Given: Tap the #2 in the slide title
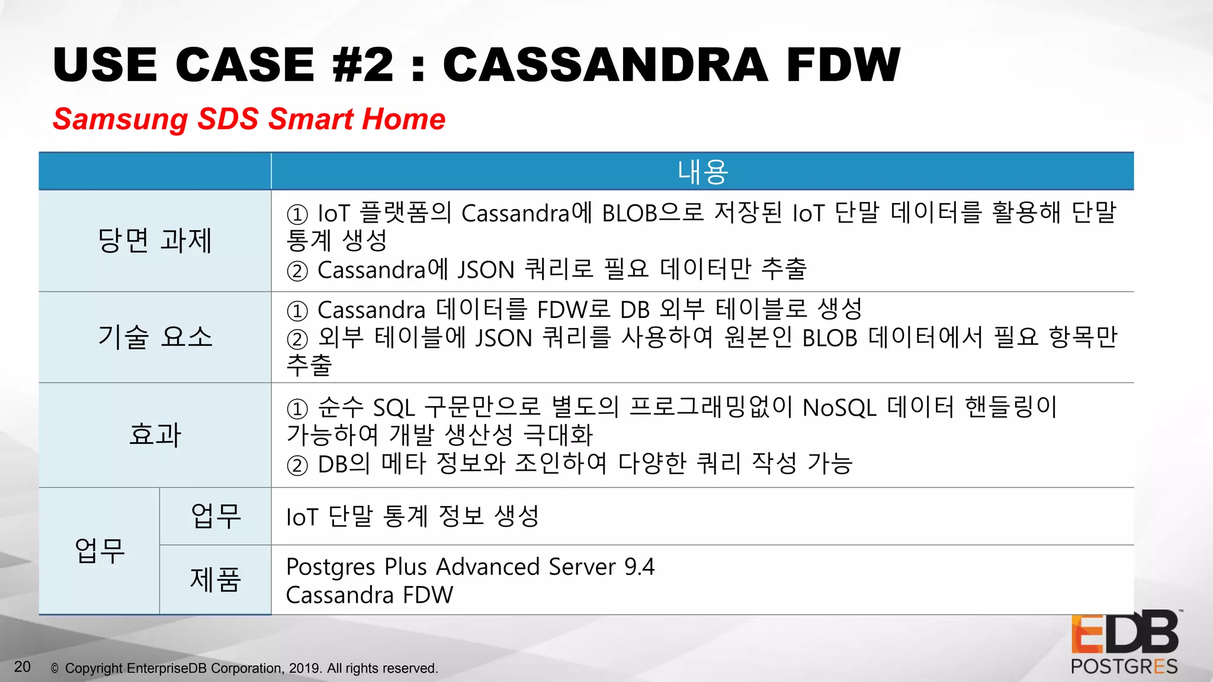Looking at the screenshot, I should click(362, 65).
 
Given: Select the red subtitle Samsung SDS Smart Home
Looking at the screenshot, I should click(249, 119).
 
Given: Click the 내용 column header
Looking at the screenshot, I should click(702, 172).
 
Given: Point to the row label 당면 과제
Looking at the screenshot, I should click(155, 240).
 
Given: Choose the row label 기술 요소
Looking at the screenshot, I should click(155, 337).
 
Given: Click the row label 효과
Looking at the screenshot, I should click(155, 435).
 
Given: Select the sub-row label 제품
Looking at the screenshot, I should click(215, 579).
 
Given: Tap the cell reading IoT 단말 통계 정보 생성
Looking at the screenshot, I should click(412, 516).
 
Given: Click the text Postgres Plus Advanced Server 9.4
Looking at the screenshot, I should click(470, 567).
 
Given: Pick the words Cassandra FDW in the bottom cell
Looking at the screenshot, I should click(369, 595).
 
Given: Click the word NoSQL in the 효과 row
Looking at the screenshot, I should click(839, 408).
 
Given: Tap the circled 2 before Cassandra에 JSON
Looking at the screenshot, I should click(297, 271).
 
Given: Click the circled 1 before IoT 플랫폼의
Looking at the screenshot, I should click(297, 214).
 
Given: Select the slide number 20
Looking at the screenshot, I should click(22, 667).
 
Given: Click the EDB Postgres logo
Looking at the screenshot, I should click(1124, 642).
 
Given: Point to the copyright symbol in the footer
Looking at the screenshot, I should click(54, 668).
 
